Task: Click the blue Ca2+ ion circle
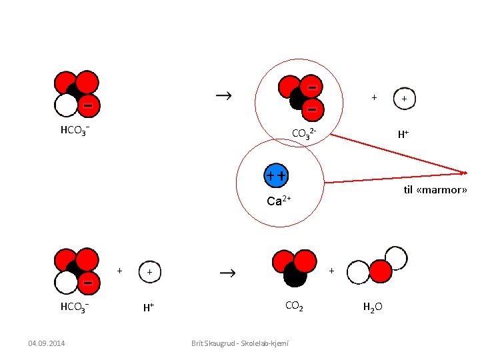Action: click(277, 175)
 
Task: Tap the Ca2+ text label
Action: click(279, 201)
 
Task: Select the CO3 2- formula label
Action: click(308, 134)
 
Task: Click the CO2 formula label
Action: click(294, 307)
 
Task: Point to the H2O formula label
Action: click(372, 307)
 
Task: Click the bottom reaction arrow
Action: click(227, 273)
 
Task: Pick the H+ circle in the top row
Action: click(404, 99)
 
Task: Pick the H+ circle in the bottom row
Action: click(150, 272)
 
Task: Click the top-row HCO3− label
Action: click(75, 130)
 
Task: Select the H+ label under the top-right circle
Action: click(403, 134)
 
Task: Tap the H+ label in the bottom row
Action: click(149, 307)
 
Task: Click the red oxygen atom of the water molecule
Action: click(381, 271)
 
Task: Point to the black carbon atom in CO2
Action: click(295, 273)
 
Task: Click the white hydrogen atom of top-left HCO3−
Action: click(66, 105)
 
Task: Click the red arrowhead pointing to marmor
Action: click(461, 173)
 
